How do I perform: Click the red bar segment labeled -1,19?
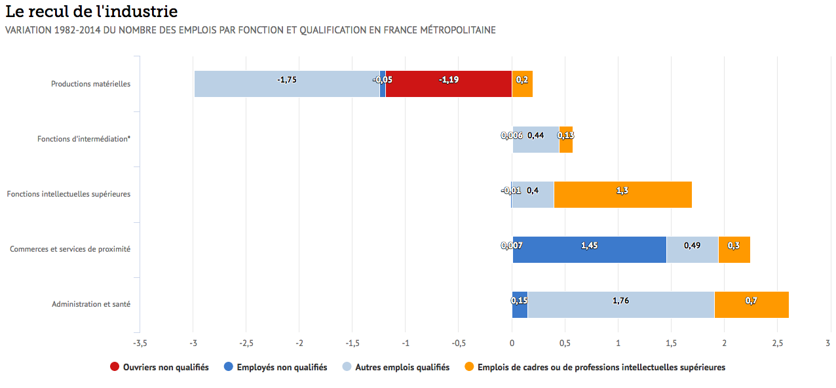(x=449, y=84)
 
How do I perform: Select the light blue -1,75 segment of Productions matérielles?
(x=287, y=84)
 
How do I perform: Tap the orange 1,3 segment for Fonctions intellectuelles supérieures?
(x=622, y=195)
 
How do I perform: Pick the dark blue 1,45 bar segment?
(x=589, y=250)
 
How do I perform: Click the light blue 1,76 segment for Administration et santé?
(x=620, y=305)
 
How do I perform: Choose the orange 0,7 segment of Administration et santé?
(x=751, y=305)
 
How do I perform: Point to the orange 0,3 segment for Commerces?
(x=734, y=250)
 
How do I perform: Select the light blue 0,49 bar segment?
(x=692, y=250)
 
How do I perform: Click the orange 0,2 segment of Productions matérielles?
(x=522, y=84)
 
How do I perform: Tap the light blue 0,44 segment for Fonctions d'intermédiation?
(x=536, y=140)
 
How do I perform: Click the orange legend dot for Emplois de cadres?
(x=469, y=368)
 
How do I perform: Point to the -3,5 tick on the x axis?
(x=139, y=343)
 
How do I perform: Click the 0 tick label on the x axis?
(x=512, y=343)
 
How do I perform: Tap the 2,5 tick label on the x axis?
(x=777, y=343)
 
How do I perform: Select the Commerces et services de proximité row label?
(x=70, y=250)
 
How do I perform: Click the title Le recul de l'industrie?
(x=91, y=12)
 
